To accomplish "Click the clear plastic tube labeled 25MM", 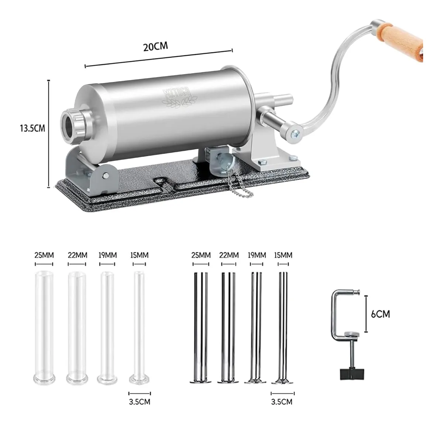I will click(x=44, y=324).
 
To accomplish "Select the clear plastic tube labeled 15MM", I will click(x=139, y=324).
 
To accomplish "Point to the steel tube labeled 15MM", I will click(x=283, y=324).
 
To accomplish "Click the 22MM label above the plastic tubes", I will click(x=77, y=255).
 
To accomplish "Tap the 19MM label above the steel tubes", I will click(x=257, y=255).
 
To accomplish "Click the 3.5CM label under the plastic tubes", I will click(x=139, y=402).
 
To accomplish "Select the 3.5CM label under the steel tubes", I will click(x=282, y=402).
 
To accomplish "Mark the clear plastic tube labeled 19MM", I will click(x=107, y=324).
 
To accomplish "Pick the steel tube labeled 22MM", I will click(x=229, y=324).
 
